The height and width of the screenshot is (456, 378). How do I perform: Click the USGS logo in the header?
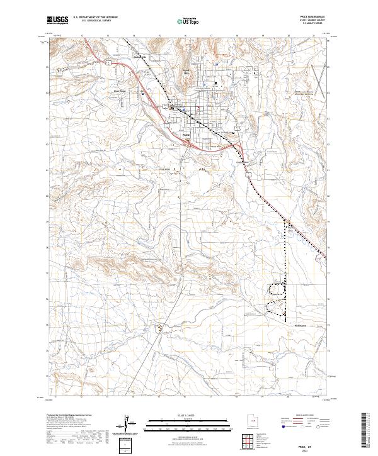[58, 21]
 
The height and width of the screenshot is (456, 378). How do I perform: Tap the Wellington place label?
[300, 326]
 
